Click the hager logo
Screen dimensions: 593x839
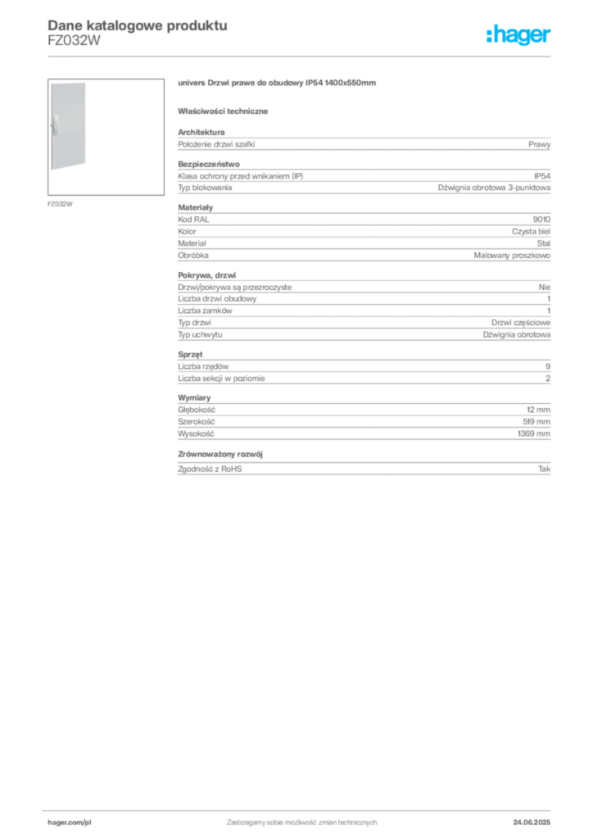(x=518, y=34)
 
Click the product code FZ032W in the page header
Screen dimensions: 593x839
(x=74, y=41)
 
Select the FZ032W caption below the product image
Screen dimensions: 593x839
(x=60, y=204)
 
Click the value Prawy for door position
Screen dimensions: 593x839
(x=539, y=144)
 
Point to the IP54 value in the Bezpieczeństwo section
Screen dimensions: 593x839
(x=541, y=176)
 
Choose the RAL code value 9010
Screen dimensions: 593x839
(x=541, y=220)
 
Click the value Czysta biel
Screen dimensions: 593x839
(x=531, y=232)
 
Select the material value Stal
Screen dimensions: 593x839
(x=543, y=243)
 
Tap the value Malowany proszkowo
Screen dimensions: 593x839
(x=512, y=256)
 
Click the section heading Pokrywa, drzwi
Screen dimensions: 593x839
(x=207, y=275)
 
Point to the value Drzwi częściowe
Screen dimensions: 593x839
(x=521, y=323)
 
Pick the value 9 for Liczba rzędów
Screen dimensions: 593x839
(x=548, y=366)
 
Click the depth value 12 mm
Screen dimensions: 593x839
(x=538, y=410)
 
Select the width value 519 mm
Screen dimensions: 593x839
(x=536, y=422)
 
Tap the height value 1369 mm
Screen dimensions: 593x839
(x=534, y=434)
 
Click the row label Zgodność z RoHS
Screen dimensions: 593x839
(x=210, y=469)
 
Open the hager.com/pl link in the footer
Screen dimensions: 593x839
(x=70, y=823)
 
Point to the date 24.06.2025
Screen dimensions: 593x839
(x=532, y=823)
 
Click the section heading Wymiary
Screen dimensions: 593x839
(x=194, y=398)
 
